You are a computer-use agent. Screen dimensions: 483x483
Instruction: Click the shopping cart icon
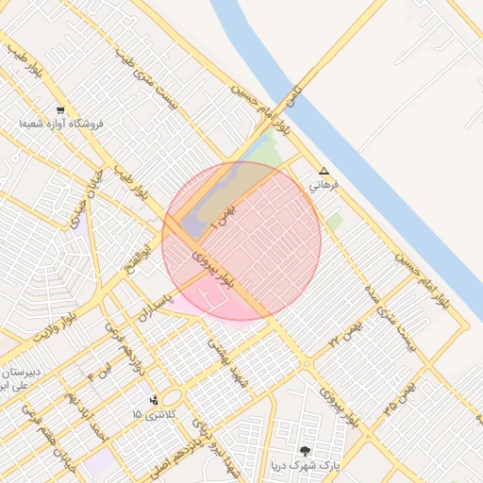tap(60, 109)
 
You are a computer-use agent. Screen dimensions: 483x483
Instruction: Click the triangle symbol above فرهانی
tap(324, 172)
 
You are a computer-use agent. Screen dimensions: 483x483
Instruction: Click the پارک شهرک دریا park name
tap(302, 466)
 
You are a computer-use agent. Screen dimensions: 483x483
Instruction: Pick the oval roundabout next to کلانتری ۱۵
tap(173, 398)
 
